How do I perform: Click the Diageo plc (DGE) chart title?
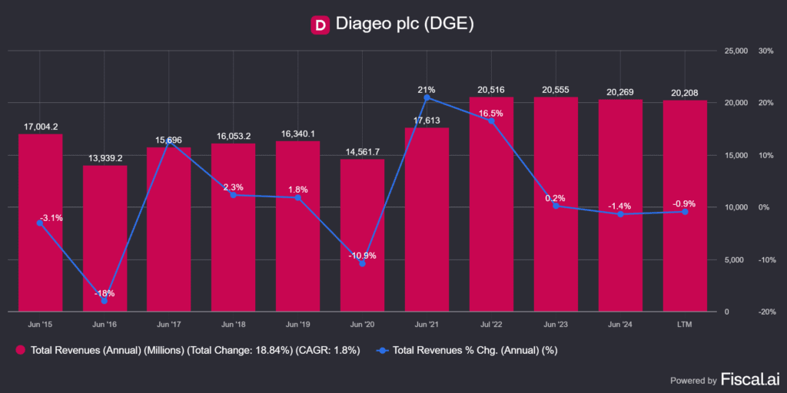[x=405, y=25]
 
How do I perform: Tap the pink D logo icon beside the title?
[x=320, y=25]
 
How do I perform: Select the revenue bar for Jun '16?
[x=105, y=238]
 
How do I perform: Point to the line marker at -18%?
[x=105, y=301]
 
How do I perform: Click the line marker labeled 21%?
[x=427, y=97]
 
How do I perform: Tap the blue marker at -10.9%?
[x=363, y=264]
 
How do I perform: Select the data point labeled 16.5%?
[x=491, y=121]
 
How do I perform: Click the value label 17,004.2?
[x=40, y=127]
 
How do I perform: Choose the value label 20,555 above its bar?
[x=556, y=90]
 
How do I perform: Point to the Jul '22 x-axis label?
[x=491, y=325]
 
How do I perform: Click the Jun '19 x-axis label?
[x=297, y=325]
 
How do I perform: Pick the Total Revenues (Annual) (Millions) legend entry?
[x=188, y=351]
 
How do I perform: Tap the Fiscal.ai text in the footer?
[x=749, y=379]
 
